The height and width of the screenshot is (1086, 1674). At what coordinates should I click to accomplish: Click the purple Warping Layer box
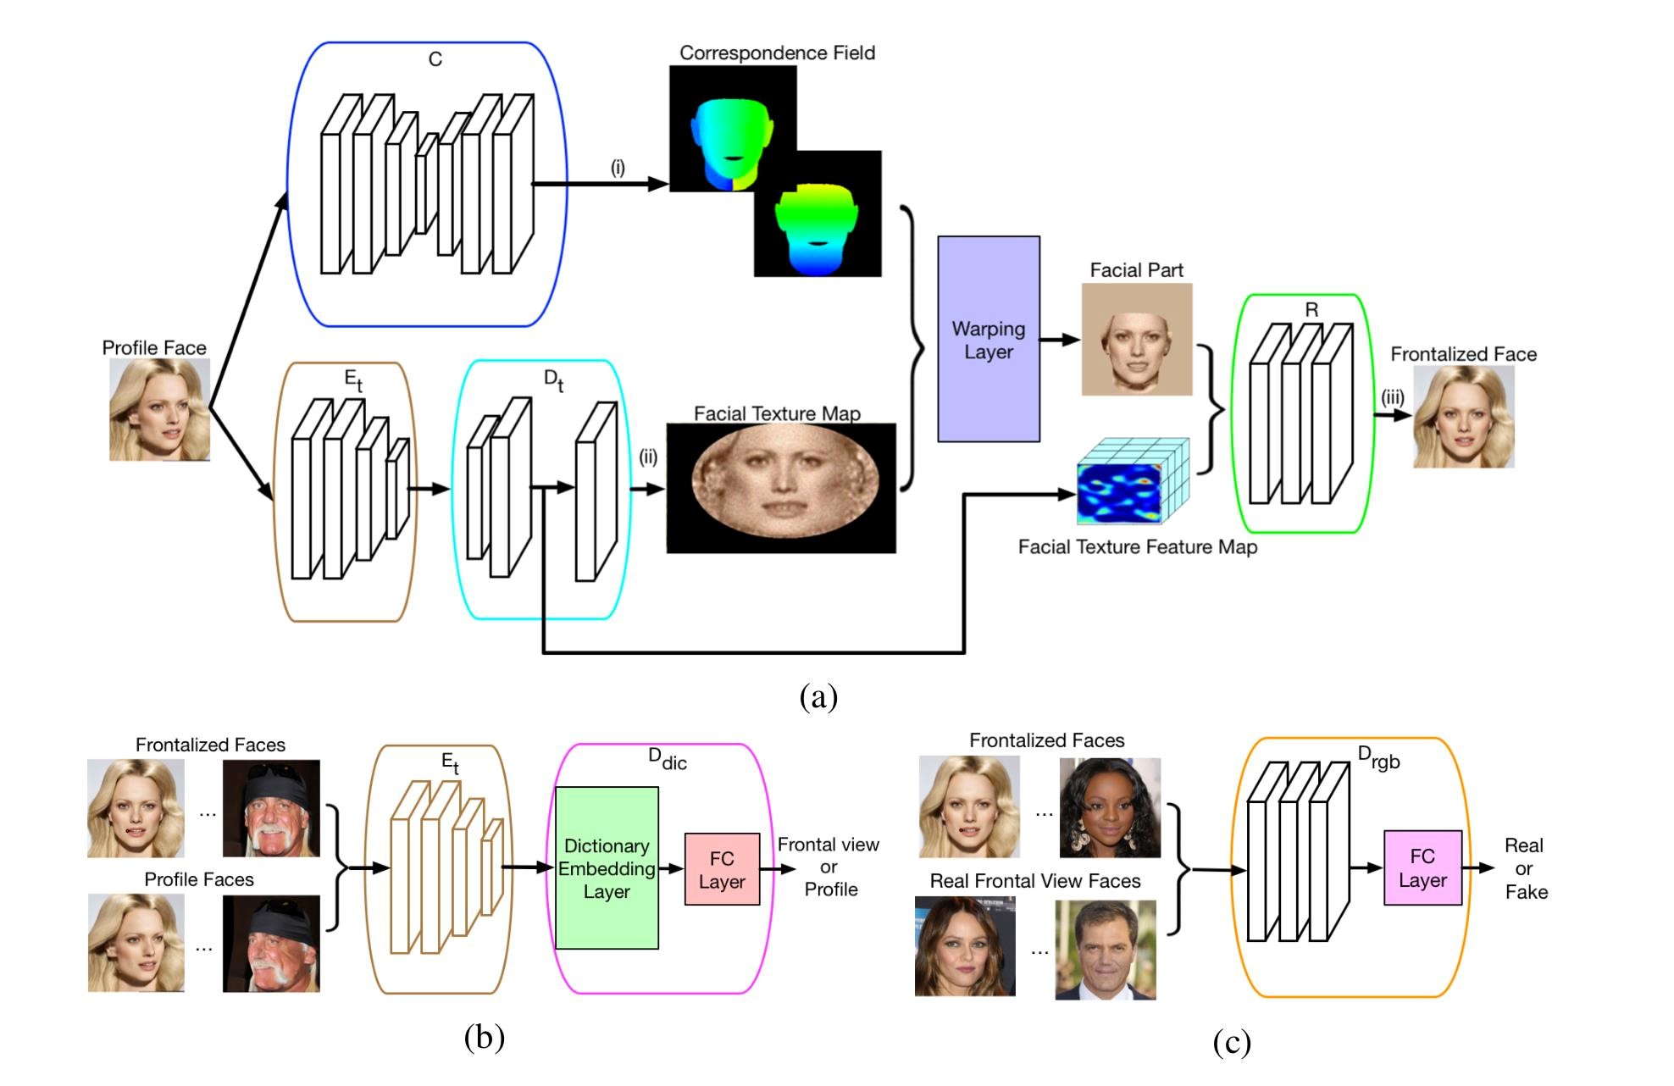click(989, 339)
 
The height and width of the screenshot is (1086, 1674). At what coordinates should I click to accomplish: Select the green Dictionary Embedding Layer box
click(607, 868)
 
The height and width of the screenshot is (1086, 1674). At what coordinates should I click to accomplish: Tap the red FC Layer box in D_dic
click(722, 869)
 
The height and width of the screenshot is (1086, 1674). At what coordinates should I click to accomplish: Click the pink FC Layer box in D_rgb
click(1423, 868)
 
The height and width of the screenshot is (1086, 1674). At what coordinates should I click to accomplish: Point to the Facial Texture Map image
click(781, 488)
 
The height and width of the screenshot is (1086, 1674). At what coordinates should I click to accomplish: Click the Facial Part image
click(1137, 340)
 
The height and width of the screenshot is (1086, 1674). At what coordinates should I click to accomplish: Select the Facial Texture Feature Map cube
click(1133, 481)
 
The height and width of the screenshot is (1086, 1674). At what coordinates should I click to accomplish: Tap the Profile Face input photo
click(159, 410)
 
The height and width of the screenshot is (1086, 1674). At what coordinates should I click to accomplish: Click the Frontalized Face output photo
click(1464, 417)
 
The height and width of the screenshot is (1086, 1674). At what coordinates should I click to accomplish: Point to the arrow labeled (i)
click(600, 183)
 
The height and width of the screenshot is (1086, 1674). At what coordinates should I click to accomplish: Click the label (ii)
click(648, 458)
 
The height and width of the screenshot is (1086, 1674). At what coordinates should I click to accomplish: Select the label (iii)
click(1393, 396)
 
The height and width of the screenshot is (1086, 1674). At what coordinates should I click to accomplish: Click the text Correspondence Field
click(777, 53)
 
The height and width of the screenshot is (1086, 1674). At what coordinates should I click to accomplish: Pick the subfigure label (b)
click(485, 1037)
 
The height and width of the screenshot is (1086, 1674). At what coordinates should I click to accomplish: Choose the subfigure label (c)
click(1232, 1043)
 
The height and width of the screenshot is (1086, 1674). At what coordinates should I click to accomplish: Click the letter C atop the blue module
click(435, 59)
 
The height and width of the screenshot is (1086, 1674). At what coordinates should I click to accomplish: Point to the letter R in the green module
click(1311, 310)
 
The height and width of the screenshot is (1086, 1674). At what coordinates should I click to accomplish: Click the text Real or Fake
click(1525, 868)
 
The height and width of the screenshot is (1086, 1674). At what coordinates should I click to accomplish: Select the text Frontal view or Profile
click(829, 867)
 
